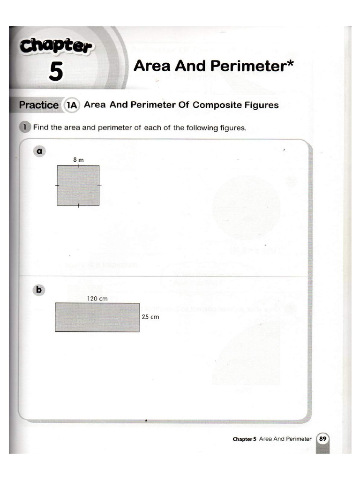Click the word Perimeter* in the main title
(254, 66)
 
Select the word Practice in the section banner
(39, 105)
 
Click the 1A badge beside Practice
(71, 105)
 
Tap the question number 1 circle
(24, 127)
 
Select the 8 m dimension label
(78, 160)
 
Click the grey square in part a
(78, 186)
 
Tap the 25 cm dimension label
(150, 317)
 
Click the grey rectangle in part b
(97, 317)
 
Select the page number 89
(323, 439)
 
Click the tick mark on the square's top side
(78, 165)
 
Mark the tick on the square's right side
(99, 186)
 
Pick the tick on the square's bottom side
(78, 205)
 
